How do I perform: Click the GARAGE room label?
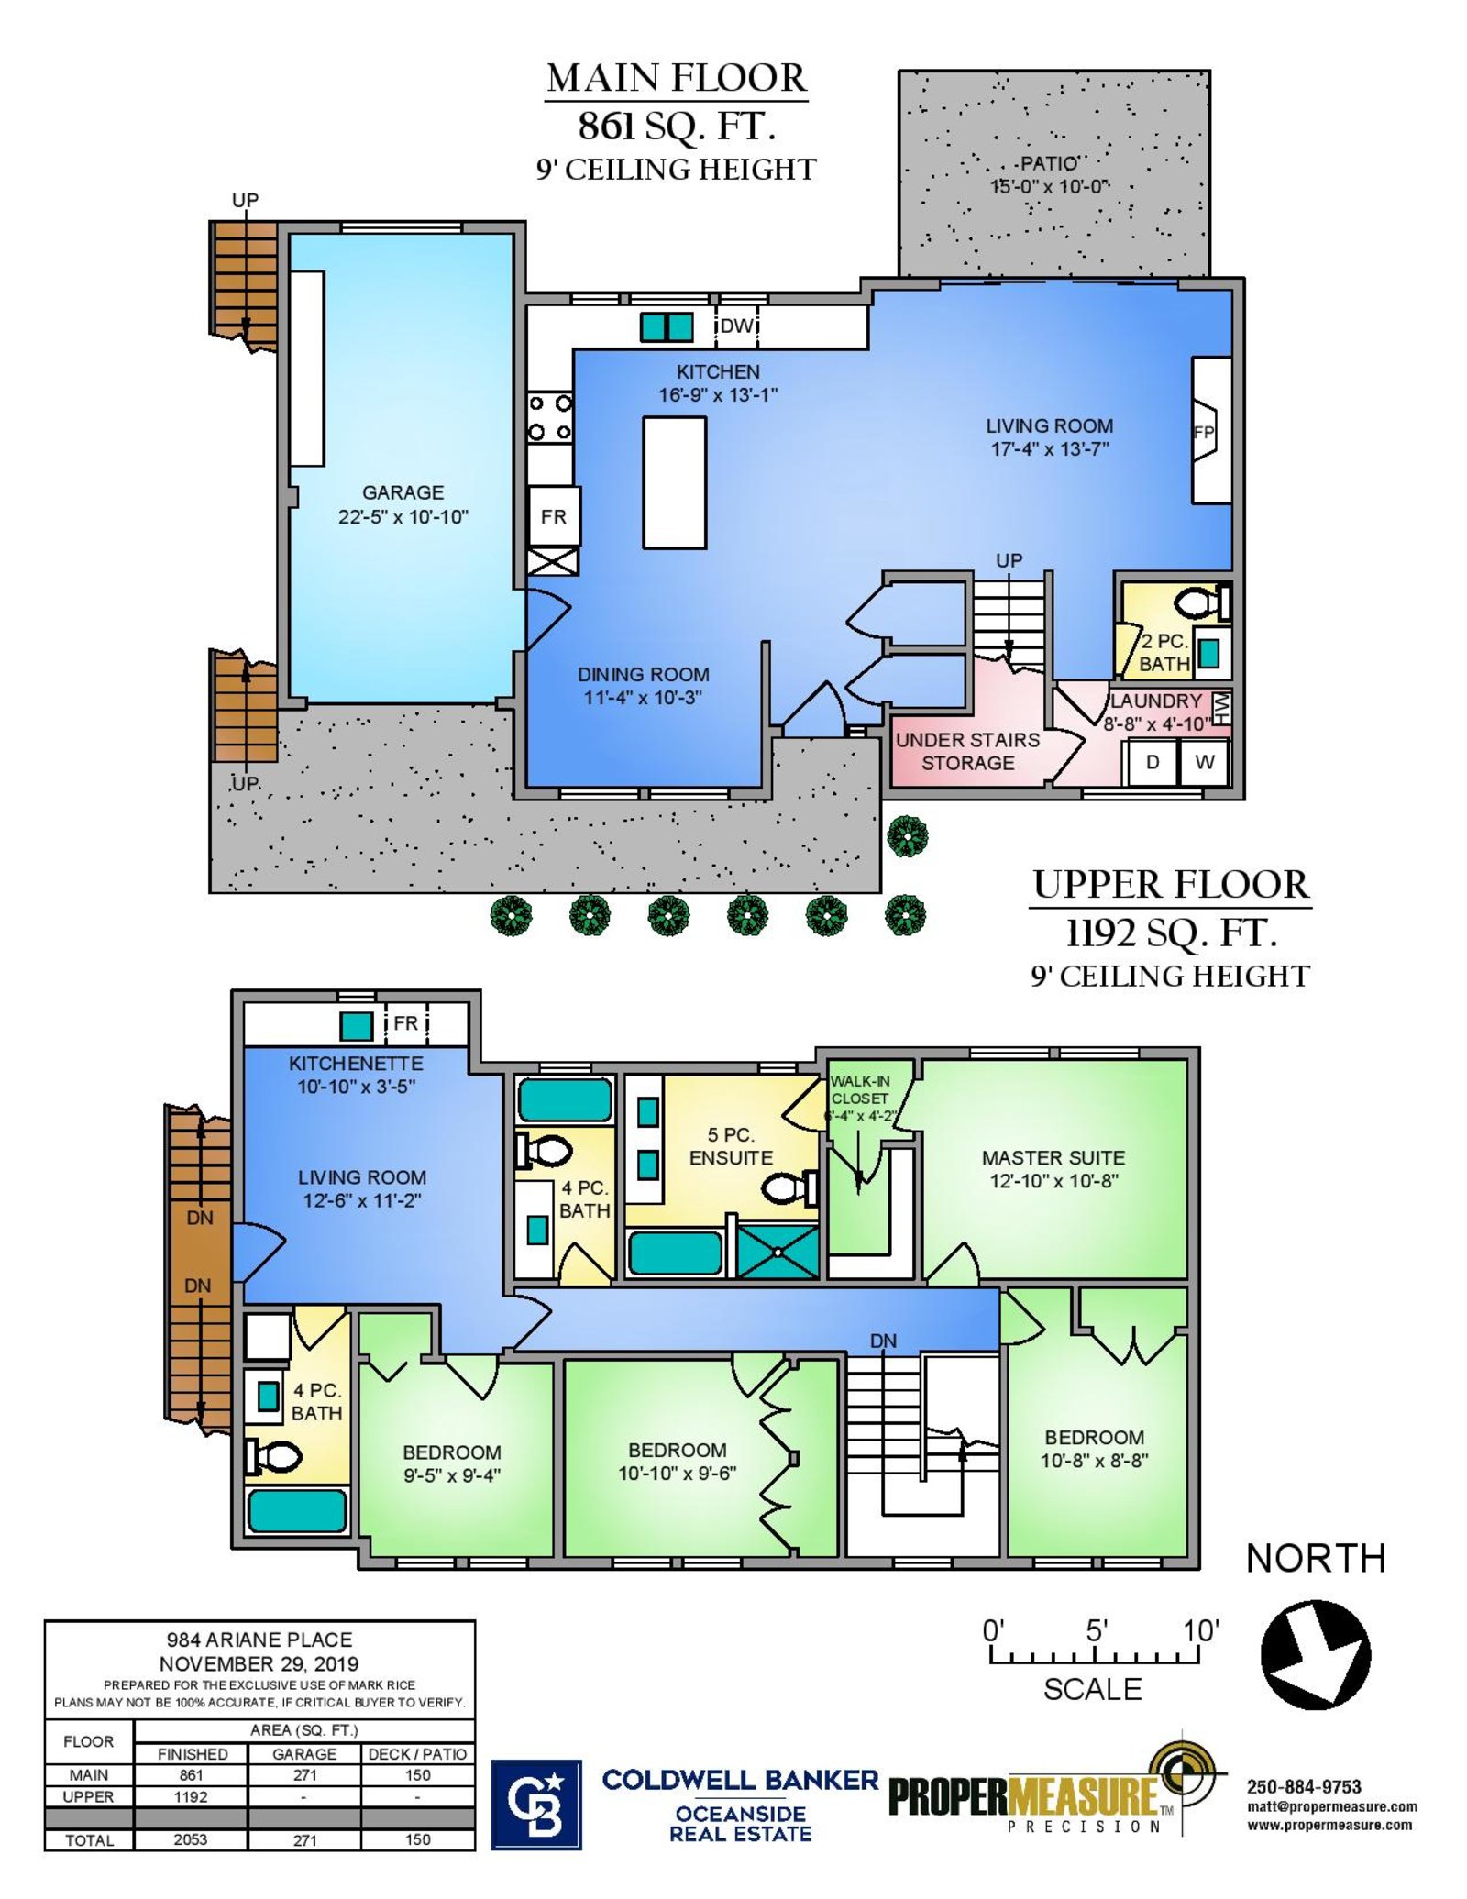click(403, 492)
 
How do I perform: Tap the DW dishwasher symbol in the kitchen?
click(737, 326)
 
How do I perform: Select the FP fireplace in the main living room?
click(1210, 430)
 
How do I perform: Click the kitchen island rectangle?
click(674, 482)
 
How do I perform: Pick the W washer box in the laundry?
click(1204, 761)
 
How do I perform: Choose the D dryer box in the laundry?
click(1152, 761)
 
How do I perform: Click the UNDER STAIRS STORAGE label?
click(967, 751)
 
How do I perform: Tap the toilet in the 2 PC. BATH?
click(1202, 603)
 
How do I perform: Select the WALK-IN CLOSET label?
click(859, 1089)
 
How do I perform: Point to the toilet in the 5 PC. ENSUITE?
click(789, 1188)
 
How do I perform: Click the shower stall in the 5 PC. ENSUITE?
click(778, 1251)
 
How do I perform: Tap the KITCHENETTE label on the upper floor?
click(356, 1064)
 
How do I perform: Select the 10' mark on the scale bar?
click(1200, 1631)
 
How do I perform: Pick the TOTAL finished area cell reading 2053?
click(191, 1839)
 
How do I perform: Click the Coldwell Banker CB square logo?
click(536, 1805)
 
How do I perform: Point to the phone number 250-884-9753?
click(1303, 1786)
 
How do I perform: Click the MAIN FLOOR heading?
click(677, 79)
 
